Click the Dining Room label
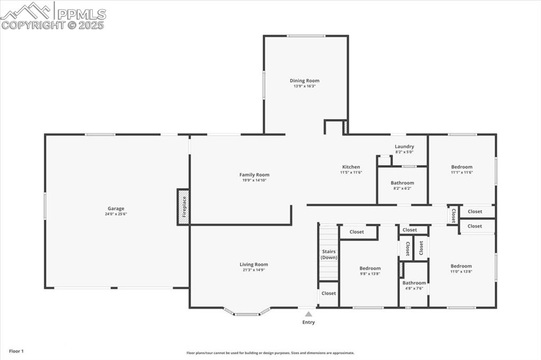(x=304, y=81)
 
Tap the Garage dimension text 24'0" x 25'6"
(x=116, y=214)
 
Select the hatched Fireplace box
(x=183, y=207)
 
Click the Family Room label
(x=254, y=175)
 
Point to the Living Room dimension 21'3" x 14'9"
(x=254, y=270)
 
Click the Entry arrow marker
(x=309, y=314)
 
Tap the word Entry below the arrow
(x=309, y=323)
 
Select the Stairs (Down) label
(x=329, y=254)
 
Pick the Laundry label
(x=404, y=147)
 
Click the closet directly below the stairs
(x=329, y=293)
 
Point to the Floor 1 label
(x=16, y=351)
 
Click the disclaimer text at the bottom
(x=270, y=353)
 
